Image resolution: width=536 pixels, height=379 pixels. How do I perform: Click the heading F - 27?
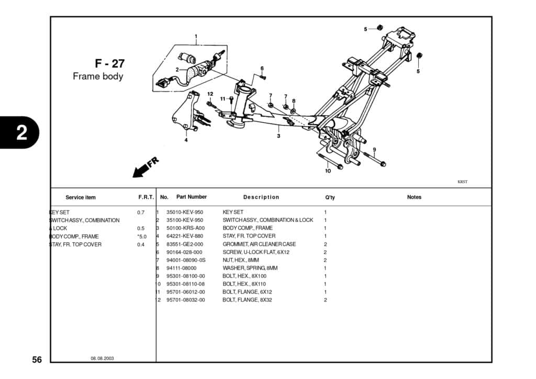click(110, 63)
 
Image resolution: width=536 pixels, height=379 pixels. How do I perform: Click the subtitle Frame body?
click(98, 76)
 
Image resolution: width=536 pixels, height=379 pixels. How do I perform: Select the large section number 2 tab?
click(21, 132)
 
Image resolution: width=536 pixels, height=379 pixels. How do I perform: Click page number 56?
click(37, 360)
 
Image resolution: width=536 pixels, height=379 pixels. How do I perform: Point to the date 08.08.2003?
click(102, 359)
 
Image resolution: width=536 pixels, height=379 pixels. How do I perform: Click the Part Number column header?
click(191, 197)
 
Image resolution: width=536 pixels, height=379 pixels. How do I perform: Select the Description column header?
click(261, 197)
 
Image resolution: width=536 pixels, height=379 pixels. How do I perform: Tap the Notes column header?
click(414, 197)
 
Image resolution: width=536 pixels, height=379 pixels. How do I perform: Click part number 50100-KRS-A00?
click(185, 228)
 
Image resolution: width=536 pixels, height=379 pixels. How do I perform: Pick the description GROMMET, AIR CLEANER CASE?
click(259, 244)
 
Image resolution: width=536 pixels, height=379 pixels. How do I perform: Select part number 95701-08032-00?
click(185, 300)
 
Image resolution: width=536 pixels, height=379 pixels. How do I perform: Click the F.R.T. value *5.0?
click(141, 237)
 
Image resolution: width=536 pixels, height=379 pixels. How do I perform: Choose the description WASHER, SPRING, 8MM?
click(250, 268)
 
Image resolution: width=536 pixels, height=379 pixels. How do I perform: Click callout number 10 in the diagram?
click(328, 171)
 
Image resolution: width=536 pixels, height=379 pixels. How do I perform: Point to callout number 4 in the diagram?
click(186, 140)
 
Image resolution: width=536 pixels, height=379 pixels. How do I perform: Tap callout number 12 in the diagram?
click(210, 94)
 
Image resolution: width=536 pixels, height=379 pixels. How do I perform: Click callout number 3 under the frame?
click(278, 136)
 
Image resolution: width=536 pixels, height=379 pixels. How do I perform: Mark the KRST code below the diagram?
click(462, 182)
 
